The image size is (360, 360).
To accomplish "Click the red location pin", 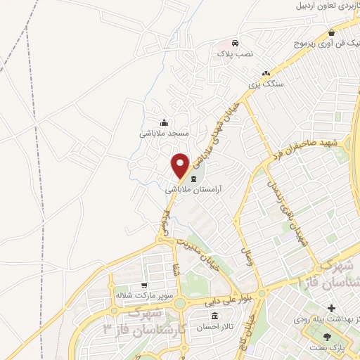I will pyautogui.click(x=181, y=164).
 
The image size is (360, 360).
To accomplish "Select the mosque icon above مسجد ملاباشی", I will pyautogui.click(x=165, y=122).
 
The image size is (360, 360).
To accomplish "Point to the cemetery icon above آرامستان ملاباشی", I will pyautogui.click(x=193, y=180).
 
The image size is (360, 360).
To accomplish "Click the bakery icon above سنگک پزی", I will pyautogui.click(x=266, y=73).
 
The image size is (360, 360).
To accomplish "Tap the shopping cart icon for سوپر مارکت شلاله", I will pyautogui.click(x=143, y=285).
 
